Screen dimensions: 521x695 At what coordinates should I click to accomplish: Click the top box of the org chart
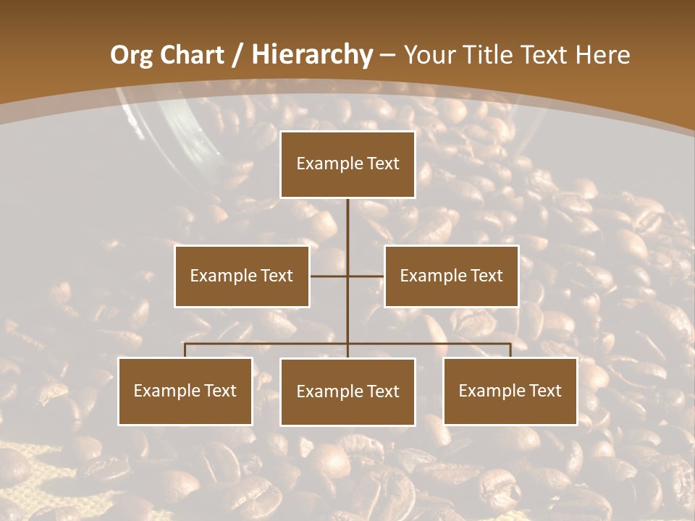tap(347, 164)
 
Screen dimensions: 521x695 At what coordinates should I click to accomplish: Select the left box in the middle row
tap(242, 276)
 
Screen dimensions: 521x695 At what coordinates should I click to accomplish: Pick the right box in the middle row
tap(451, 276)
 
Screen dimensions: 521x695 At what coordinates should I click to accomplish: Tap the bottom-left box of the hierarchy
tap(185, 391)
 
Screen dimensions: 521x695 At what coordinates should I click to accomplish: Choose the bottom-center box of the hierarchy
tap(347, 391)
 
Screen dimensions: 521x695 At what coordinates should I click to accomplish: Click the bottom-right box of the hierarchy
tap(510, 391)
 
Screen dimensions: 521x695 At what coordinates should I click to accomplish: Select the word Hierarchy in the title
tap(311, 55)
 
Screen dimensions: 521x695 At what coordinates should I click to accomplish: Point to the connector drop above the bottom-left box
tap(185, 350)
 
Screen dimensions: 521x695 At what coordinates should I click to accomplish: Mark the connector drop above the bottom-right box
tap(510, 350)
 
